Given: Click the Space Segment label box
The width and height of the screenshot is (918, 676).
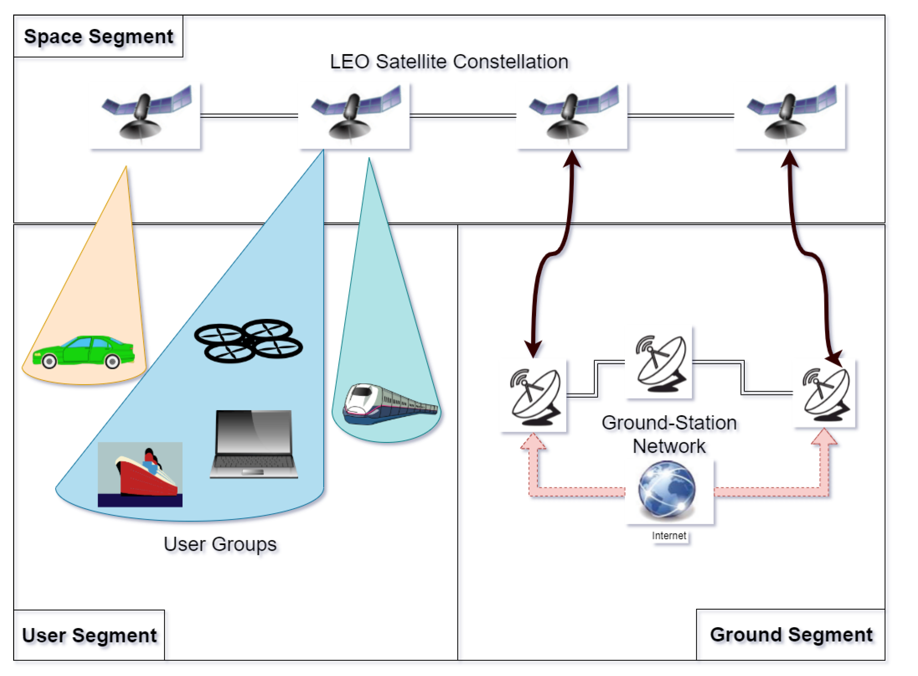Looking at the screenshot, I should coord(98,36).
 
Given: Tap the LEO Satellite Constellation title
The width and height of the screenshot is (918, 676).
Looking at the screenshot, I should coord(449,62).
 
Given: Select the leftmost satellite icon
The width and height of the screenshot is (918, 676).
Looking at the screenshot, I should coord(145,116).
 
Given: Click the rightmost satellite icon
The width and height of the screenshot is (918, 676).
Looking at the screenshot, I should coord(790,116).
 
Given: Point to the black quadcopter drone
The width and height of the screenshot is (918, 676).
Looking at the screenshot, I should coord(248,341).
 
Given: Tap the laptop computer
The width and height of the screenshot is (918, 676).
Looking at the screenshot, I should coord(254,444).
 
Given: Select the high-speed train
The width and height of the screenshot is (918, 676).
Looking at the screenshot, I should coord(389,404).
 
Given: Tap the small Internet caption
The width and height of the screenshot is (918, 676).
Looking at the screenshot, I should coord(669,536).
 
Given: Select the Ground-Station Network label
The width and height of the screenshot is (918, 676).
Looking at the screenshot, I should coord(669,434).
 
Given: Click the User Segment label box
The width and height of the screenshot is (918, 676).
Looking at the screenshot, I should coord(89,635).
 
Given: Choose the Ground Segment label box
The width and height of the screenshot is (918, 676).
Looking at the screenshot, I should coord(790,634).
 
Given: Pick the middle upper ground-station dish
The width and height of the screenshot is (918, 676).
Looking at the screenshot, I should coord(659,362).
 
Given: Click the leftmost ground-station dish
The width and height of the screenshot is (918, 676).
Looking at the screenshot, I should coord(534,395).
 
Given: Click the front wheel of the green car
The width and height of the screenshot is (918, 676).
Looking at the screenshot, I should coord(49,361).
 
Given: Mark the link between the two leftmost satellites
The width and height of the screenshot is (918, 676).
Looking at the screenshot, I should coord(249,116).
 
